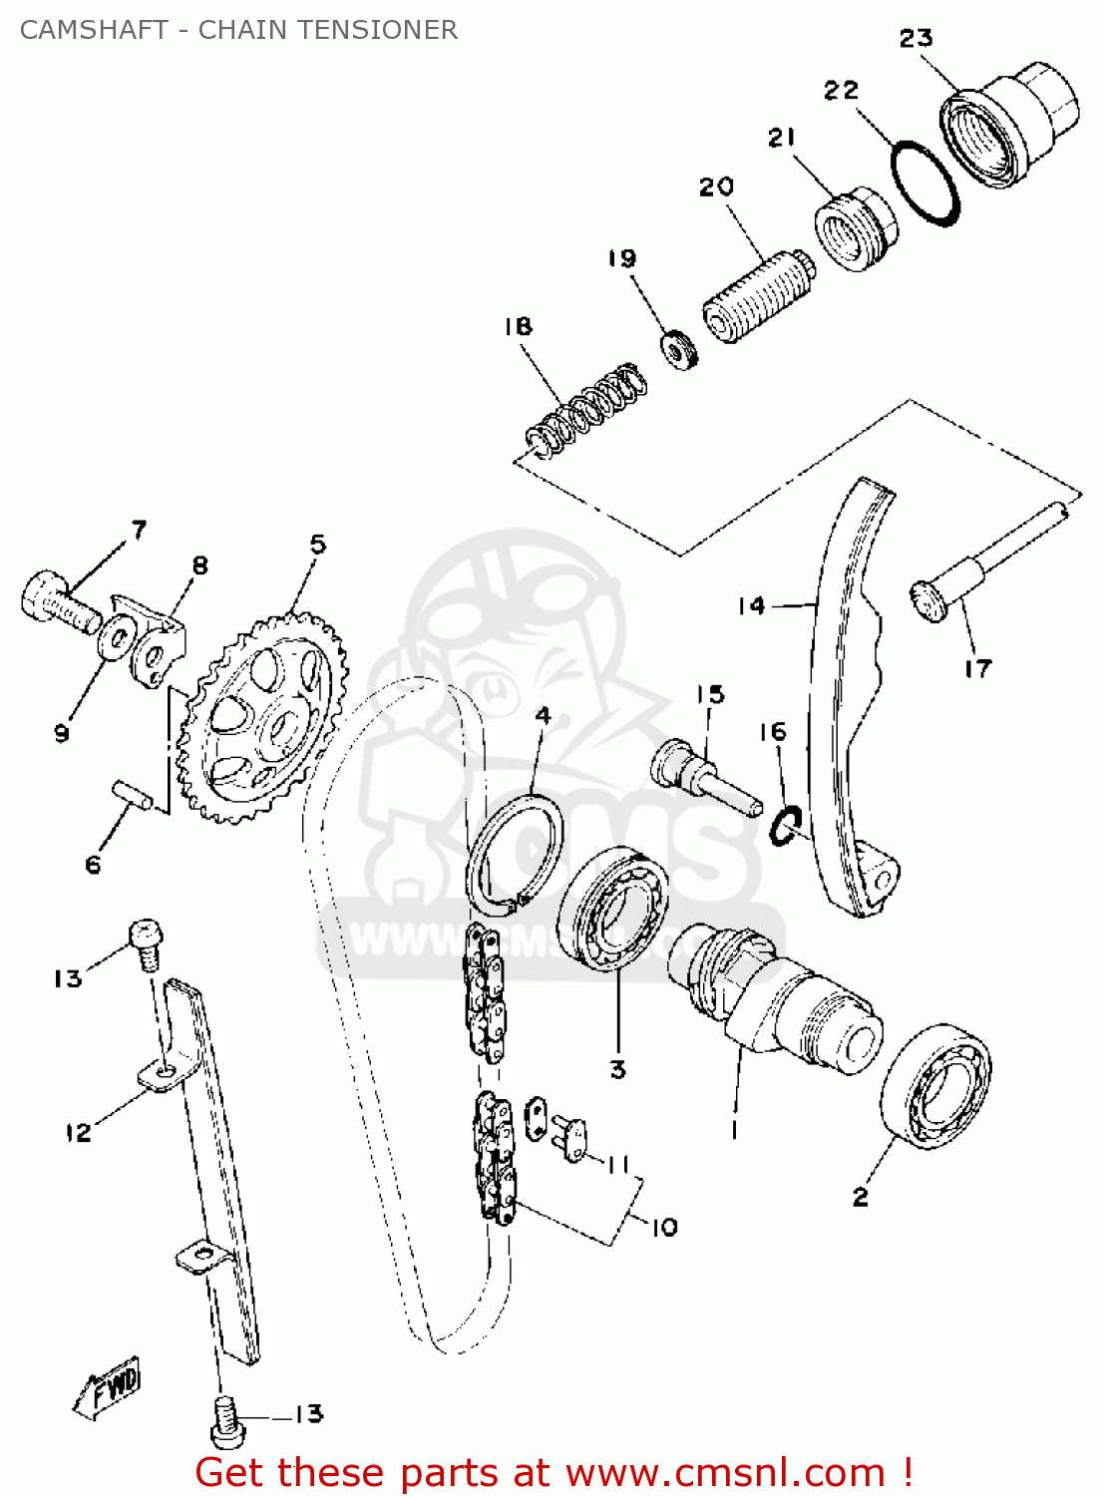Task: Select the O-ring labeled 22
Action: (x=925, y=183)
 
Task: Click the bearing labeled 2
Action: (x=935, y=1083)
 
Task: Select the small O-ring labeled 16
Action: (x=786, y=827)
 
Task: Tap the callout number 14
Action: (x=751, y=605)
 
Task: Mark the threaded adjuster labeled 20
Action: (x=755, y=289)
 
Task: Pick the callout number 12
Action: (x=78, y=1132)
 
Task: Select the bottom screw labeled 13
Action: (x=227, y=1421)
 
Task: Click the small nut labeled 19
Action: (x=679, y=348)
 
